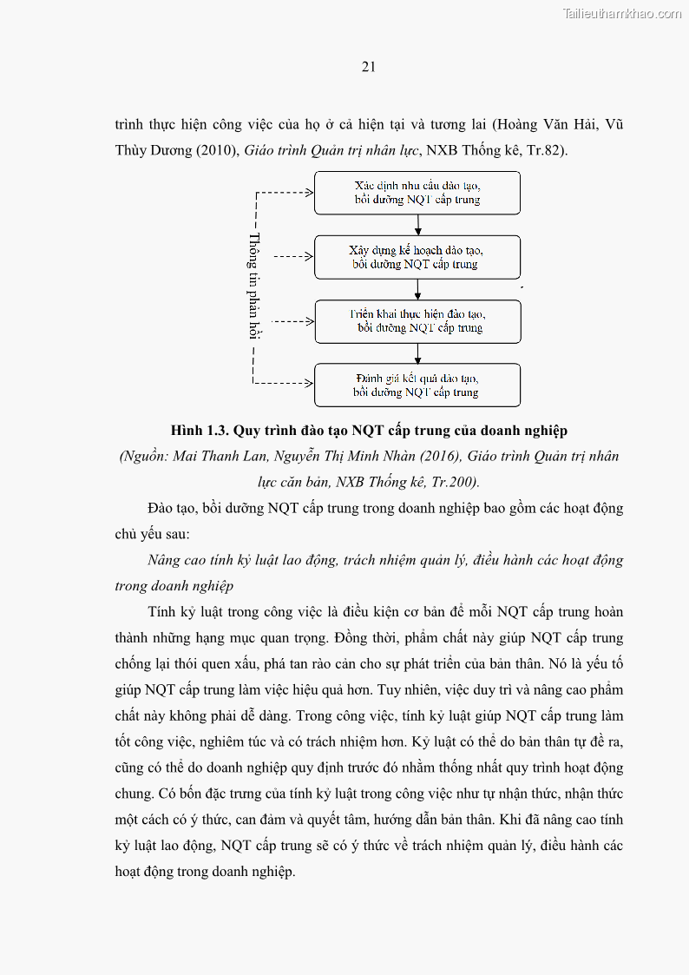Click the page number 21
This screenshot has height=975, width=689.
click(x=368, y=67)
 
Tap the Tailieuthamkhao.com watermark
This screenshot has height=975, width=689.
click(x=621, y=13)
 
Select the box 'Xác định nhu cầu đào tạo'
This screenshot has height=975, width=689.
click(x=417, y=193)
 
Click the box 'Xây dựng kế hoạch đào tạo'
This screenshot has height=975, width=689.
click(x=417, y=257)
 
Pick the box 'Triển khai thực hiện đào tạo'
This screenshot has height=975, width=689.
click(x=417, y=321)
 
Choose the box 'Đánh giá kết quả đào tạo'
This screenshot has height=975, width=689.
click(x=417, y=385)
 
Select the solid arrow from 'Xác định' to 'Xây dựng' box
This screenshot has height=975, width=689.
click(x=417, y=225)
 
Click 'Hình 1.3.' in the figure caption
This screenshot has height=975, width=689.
click(x=199, y=431)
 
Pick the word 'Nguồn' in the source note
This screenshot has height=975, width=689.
click(x=145, y=456)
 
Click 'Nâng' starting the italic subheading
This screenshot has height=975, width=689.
click(x=166, y=560)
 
